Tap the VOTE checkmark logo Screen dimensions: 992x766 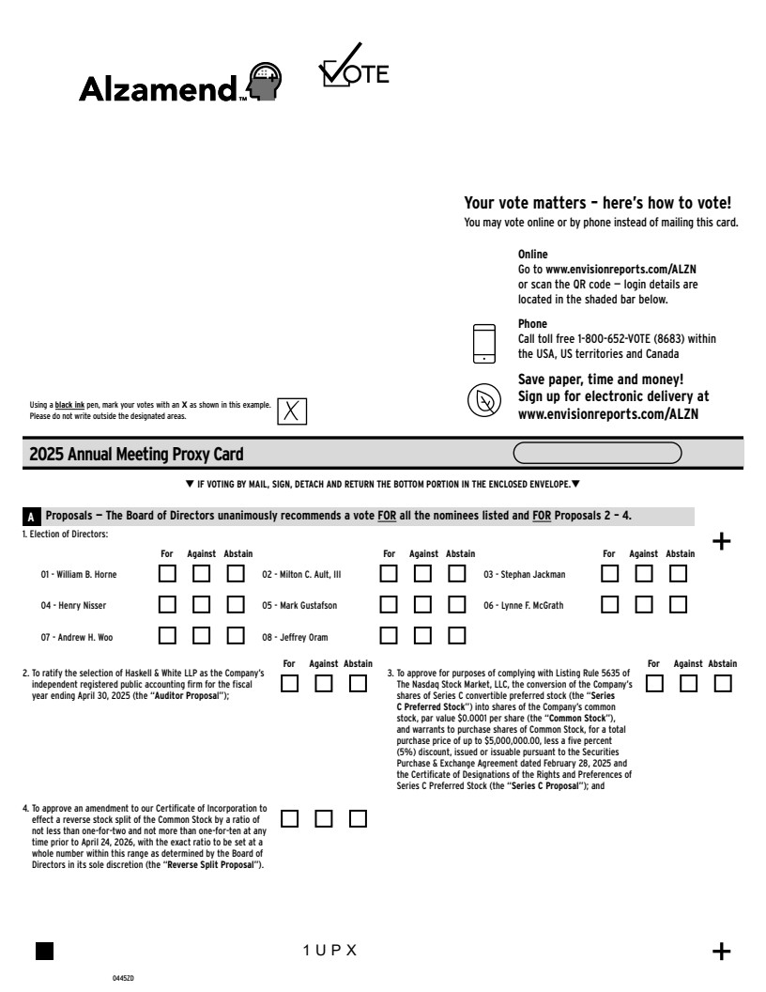click(353, 69)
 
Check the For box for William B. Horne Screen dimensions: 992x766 click(167, 574)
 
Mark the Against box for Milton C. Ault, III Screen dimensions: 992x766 click(423, 574)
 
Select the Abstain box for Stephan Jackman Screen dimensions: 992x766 click(678, 574)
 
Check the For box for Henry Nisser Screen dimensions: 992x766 click(167, 605)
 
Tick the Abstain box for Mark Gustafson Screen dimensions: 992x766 click(457, 605)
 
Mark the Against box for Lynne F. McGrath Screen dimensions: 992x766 click(644, 605)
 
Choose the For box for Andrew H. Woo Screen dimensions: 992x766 click(167, 636)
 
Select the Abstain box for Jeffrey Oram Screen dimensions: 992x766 click(457, 636)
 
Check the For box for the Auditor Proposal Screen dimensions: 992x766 click(291, 684)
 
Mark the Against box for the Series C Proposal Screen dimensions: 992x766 click(688, 684)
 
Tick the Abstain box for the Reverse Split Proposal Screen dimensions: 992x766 click(358, 818)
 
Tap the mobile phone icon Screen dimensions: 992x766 click(483, 343)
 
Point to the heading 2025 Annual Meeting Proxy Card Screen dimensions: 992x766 click(136, 455)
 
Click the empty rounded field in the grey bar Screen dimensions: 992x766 click(598, 455)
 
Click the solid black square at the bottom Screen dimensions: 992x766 click(44, 951)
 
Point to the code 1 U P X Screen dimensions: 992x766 click(329, 951)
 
